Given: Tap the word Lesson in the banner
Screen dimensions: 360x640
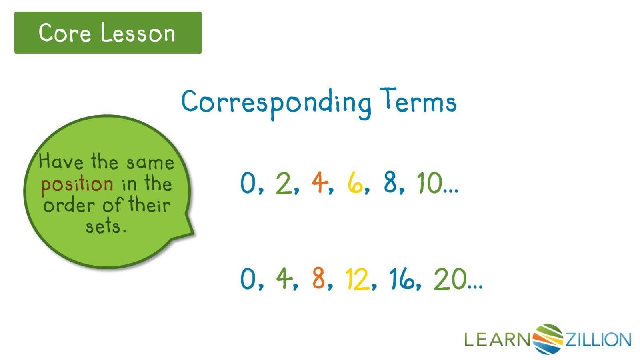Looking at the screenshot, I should point(138,33).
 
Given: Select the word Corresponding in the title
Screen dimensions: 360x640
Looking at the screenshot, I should point(276,102).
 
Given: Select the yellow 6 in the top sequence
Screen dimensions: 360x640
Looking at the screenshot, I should point(355,183).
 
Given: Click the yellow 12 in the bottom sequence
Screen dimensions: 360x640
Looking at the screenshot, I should point(357,279).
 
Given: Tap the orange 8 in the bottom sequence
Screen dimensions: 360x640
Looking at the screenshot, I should point(319,279).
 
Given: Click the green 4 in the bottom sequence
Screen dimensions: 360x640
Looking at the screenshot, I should point(284,279).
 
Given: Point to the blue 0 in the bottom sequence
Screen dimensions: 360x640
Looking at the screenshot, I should point(248,279).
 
